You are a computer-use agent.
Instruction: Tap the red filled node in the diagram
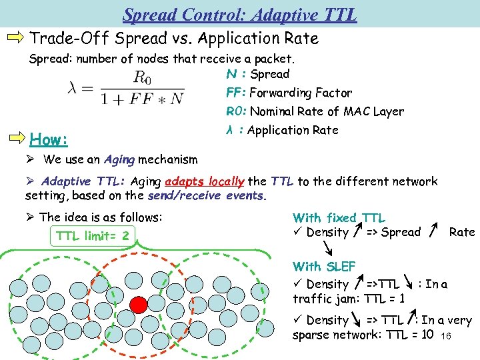[x=138, y=305]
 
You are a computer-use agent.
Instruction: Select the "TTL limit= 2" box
[x=93, y=235]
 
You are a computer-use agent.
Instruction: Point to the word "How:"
[x=49, y=140]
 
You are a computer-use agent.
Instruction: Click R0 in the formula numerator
[x=143, y=77]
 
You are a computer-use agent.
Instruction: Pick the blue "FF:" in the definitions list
[x=236, y=93]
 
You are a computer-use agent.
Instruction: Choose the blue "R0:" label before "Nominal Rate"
[x=237, y=111]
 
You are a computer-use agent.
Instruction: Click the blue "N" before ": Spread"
[x=231, y=74]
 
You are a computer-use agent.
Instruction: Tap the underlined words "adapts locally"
[x=205, y=181]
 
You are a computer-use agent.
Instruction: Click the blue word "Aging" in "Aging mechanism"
[x=119, y=159]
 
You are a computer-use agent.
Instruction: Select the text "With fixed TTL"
[x=339, y=217]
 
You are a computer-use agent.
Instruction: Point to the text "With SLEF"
[x=324, y=267]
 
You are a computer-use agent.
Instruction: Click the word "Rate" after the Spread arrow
[x=461, y=232]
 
